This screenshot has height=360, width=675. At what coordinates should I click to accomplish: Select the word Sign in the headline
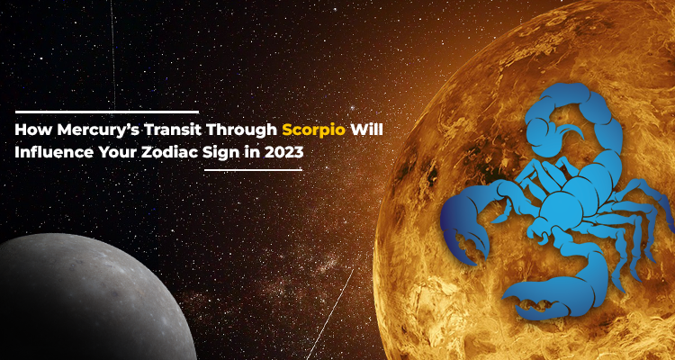pyautogui.click(x=219, y=154)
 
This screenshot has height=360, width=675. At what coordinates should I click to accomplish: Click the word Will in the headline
pyautogui.click(x=367, y=130)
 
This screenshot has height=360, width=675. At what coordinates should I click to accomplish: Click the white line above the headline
pyautogui.click(x=107, y=112)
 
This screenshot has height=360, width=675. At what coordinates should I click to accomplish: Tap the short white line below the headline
pyautogui.click(x=253, y=170)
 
